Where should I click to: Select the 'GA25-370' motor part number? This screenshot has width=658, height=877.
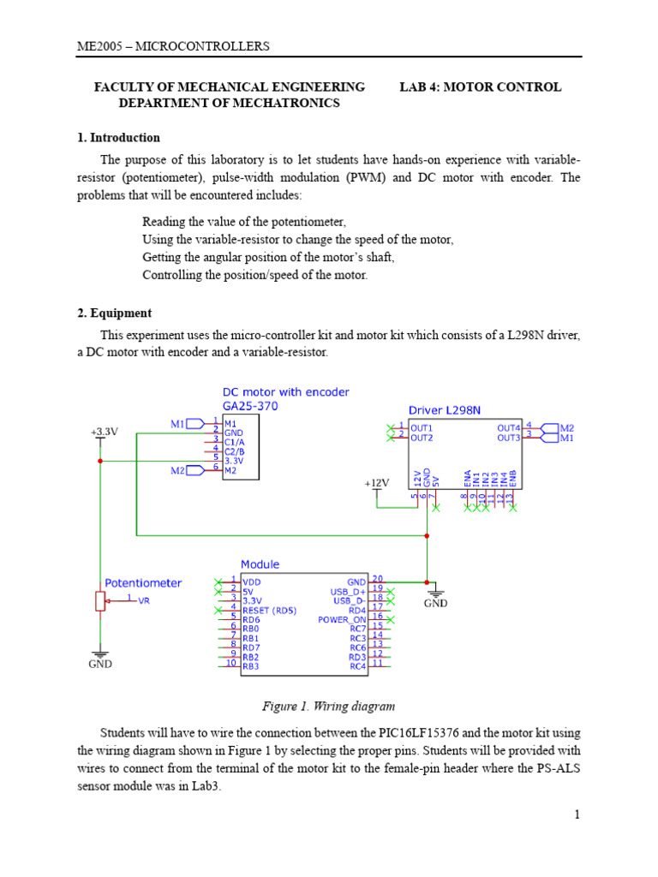(250, 407)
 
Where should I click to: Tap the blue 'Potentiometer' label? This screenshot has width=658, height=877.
(143, 583)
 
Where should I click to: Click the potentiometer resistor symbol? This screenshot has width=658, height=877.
(101, 601)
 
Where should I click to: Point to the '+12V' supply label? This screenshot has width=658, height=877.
(376, 483)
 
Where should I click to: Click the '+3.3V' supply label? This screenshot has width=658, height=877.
(104, 433)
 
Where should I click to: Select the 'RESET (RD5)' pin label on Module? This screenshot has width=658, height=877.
(269, 610)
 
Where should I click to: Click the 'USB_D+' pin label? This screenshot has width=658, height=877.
(348, 591)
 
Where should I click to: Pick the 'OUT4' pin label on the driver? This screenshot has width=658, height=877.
(508, 427)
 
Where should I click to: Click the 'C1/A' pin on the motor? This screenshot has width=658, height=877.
(235, 442)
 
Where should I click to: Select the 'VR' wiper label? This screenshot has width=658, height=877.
(144, 601)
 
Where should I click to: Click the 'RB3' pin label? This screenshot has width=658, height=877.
(251, 665)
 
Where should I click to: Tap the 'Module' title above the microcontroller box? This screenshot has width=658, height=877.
(260, 564)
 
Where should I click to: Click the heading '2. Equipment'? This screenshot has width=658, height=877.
(115, 313)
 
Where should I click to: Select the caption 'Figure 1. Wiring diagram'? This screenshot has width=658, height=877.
(328, 707)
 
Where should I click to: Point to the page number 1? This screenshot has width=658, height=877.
(578, 814)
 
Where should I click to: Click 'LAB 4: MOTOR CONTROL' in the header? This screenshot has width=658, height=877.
(481, 87)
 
